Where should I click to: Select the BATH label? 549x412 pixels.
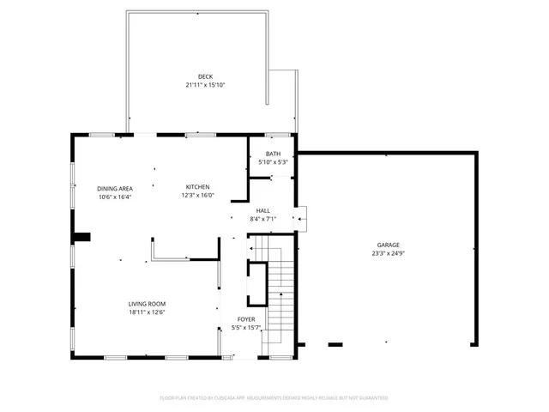(273, 154)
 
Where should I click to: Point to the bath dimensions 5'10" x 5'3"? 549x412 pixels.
(273, 161)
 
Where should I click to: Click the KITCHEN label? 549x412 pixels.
(198, 187)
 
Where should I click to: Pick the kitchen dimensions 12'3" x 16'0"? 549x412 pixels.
(198, 195)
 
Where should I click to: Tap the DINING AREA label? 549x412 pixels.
(113, 188)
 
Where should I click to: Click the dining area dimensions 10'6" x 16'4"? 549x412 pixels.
(113, 196)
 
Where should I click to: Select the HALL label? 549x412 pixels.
(262, 210)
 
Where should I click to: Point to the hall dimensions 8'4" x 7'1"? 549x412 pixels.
(262, 218)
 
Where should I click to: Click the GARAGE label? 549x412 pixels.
(388, 245)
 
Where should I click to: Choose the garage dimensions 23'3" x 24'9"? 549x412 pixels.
(388, 253)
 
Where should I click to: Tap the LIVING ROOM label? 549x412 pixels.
(147, 304)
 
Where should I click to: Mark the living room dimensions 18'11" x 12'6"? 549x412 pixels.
(147, 312)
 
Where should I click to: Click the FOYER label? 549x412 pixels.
(245, 319)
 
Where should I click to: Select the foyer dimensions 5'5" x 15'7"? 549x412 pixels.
(245, 327)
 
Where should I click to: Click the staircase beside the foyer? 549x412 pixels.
(281, 292)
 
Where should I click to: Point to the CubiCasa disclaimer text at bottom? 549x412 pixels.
(274, 398)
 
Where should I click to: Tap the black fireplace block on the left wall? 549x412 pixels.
(81, 238)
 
